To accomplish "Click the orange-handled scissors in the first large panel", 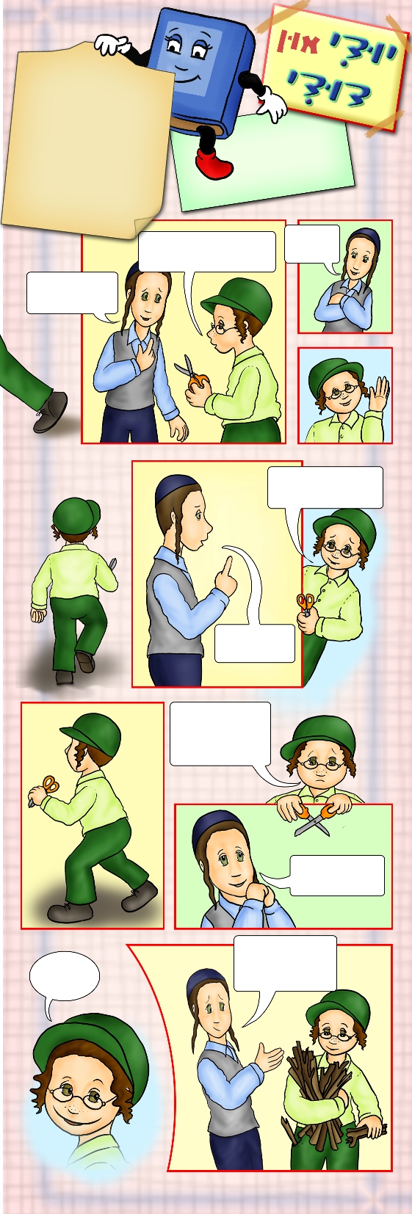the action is click(192, 373).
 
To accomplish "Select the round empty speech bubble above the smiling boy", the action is click(64, 981).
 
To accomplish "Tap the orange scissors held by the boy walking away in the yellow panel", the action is click(48, 786).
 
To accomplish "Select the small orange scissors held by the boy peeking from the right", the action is click(306, 603).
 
